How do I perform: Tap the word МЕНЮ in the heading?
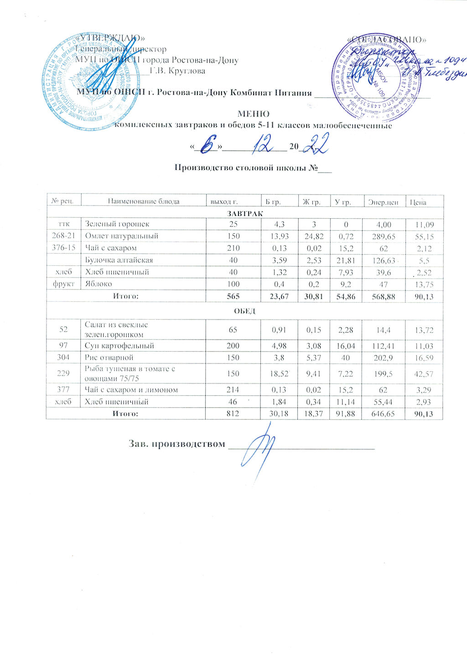[254, 114]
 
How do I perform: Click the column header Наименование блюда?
[143, 201]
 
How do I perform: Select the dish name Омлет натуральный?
[122, 236]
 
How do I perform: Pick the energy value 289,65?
[384, 236]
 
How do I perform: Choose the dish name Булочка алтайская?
[119, 260]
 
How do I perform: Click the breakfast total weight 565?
[233, 297]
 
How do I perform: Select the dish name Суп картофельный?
[119, 346]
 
